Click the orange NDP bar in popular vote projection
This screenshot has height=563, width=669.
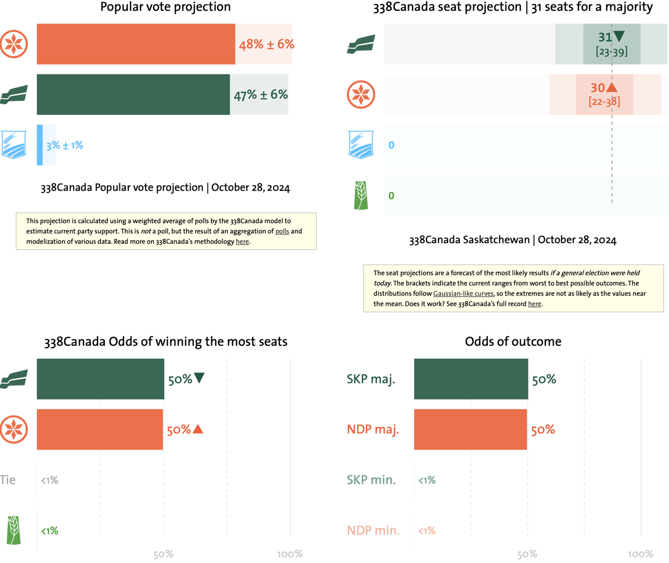pos(135,44)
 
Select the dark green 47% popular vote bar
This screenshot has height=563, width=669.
pos(133,94)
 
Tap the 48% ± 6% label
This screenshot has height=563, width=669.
pos(266,44)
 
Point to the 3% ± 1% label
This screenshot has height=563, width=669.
pos(65,145)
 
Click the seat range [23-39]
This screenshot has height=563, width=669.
pos(611,52)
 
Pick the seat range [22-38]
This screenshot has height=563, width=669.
pos(604,102)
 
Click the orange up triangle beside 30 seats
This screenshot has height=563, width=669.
pos(612,88)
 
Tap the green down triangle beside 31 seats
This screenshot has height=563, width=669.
pos(619,37)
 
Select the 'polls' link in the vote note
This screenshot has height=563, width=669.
pos(282,231)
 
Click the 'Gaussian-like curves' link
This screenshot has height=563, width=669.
pos(463,293)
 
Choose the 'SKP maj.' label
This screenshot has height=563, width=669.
pos(371,379)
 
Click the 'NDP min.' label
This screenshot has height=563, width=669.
pos(373,531)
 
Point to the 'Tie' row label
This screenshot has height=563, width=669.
pos(8,480)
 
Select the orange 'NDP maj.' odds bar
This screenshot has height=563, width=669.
pos(470,429)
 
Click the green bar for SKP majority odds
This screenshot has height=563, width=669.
pos(471,379)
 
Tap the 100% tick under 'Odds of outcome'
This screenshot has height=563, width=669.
pos(640,554)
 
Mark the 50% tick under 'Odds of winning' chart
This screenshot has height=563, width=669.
pos(163,554)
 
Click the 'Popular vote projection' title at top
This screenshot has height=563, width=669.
pos(166,7)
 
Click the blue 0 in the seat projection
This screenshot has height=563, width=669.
pos(391,145)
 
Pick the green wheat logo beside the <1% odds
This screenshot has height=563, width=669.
pos(13,530)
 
